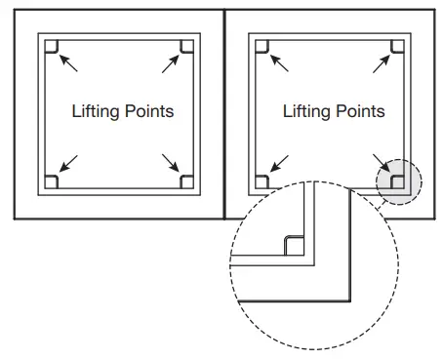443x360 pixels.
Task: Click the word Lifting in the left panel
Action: (94, 111)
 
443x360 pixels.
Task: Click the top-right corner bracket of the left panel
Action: (187, 46)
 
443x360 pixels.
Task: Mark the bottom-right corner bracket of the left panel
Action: (187, 180)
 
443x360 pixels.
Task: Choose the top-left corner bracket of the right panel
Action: (262, 46)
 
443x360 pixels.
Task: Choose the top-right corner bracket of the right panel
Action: (397, 46)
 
